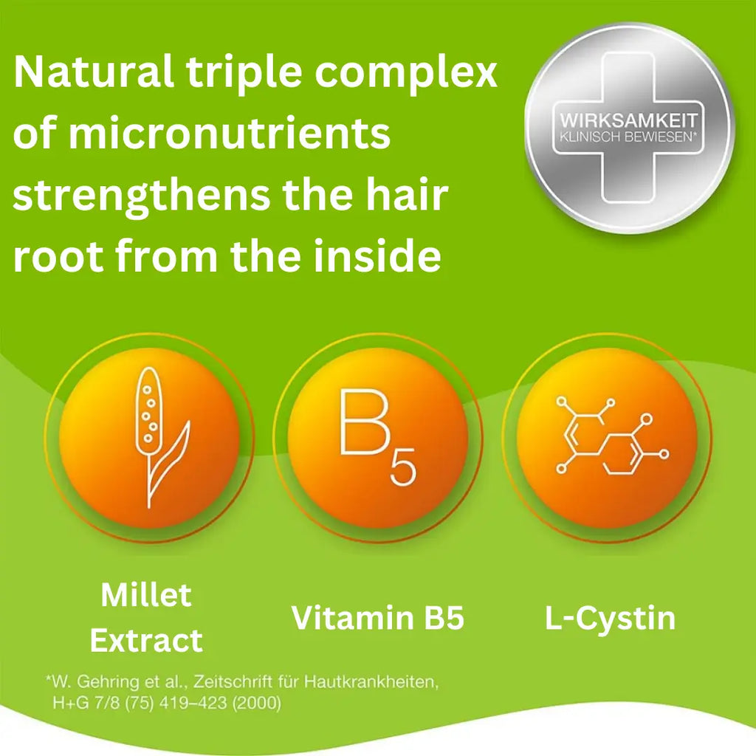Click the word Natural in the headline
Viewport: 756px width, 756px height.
click(x=92, y=73)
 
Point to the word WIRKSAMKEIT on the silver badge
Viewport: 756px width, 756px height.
click(x=628, y=120)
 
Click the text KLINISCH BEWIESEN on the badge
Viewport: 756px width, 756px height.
click(x=628, y=137)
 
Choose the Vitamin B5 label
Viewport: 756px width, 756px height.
click(x=377, y=618)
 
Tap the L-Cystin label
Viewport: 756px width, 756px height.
click(x=610, y=618)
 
